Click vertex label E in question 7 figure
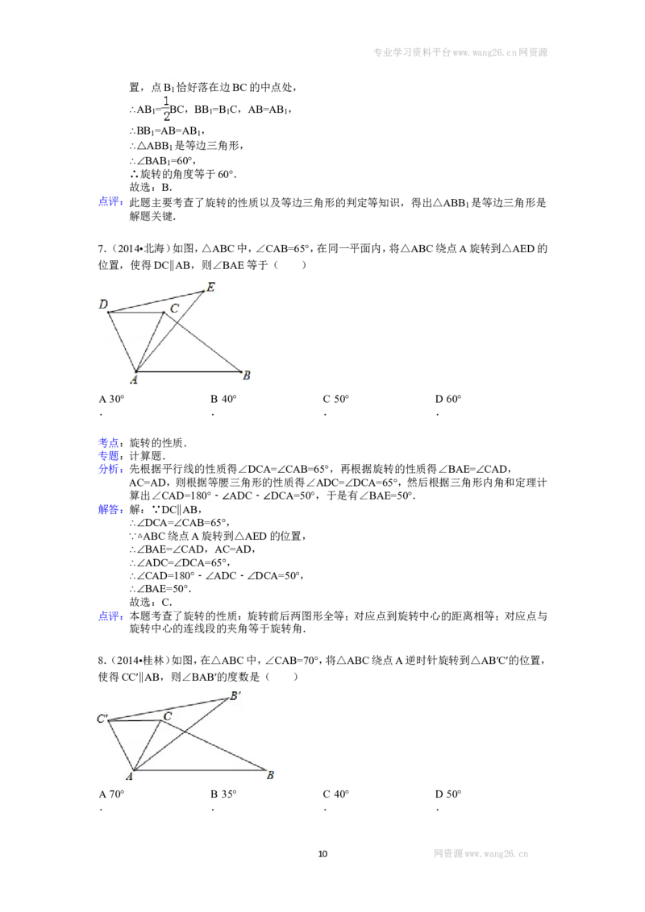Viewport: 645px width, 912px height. (x=210, y=287)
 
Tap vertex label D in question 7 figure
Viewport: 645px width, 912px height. (x=104, y=305)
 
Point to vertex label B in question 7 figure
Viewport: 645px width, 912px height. (x=246, y=375)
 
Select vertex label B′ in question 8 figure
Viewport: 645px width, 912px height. (x=235, y=695)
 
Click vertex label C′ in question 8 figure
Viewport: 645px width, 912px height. (x=102, y=719)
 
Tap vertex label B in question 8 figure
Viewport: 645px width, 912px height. (x=270, y=775)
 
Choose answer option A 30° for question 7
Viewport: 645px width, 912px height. (x=112, y=399)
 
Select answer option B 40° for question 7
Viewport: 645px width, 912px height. (x=223, y=399)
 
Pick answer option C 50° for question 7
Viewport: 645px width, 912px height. (x=336, y=399)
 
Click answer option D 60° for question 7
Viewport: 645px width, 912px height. (x=448, y=399)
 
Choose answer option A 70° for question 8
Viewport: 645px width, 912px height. (x=112, y=794)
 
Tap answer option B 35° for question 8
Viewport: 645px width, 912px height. (x=223, y=794)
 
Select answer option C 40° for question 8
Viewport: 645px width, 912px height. (x=336, y=794)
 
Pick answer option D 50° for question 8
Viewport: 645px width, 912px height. (x=448, y=794)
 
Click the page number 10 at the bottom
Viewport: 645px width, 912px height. (x=323, y=854)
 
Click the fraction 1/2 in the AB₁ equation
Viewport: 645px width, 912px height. (x=166, y=109)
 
